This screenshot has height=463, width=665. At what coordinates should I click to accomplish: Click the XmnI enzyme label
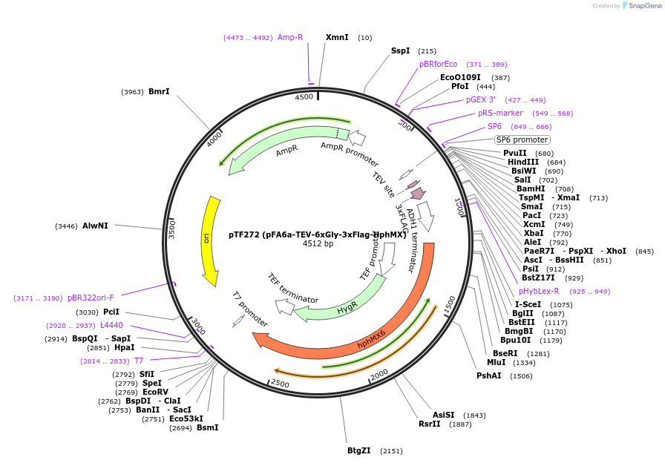point(337,37)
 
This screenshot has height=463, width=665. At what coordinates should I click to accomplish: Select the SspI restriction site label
point(401,51)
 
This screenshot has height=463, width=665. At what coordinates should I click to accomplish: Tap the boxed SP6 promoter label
point(522,139)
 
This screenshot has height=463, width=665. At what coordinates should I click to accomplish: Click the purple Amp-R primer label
point(290,37)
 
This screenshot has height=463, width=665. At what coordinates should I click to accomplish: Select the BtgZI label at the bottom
point(359,450)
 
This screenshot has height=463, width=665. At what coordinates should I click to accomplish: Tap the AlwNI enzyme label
point(95,226)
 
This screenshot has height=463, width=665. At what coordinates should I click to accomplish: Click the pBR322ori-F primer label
point(91,298)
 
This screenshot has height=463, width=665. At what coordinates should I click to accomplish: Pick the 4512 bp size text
point(318,243)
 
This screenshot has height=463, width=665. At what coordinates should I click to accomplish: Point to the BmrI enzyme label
point(159,92)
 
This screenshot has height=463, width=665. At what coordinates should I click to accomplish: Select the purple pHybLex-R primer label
point(539,291)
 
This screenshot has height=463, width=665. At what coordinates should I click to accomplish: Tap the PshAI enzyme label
point(489,375)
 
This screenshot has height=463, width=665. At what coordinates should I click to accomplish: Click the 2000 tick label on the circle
point(379,375)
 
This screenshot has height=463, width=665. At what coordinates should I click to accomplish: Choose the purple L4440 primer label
point(111,325)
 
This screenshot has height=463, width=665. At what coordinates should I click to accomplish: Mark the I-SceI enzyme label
point(528,304)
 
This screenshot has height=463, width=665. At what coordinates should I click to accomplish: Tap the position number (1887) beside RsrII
point(460,424)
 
